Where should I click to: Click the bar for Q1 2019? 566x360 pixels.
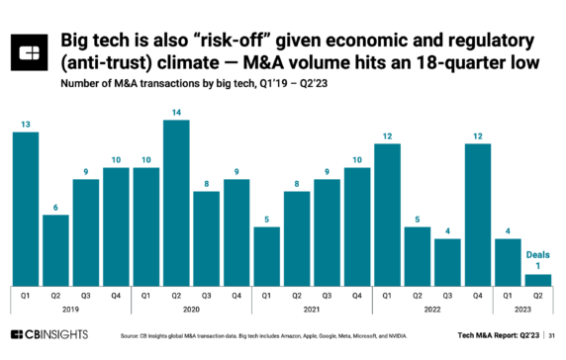coord(26,209)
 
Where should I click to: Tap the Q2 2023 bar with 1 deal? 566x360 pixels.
coord(538,280)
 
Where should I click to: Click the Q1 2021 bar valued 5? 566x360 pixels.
coord(267,256)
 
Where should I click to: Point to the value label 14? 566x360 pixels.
coord(177,112)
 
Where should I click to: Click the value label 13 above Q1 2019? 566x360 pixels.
coord(26,124)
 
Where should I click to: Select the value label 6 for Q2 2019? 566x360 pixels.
coord(55,207)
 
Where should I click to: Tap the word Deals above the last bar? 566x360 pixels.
coord(538,253)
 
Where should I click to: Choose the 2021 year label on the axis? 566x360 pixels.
coord(314,309)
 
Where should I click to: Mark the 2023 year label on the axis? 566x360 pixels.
coord(523,309)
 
